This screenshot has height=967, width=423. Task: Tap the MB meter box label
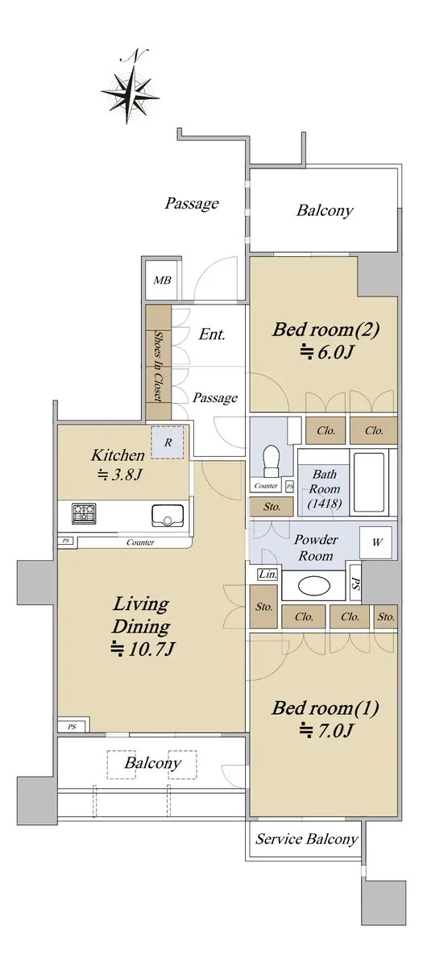click(162, 280)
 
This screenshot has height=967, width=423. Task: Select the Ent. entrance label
click(212, 334)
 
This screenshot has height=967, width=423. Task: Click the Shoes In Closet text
click(159, 367)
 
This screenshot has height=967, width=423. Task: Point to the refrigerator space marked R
click(168, 442)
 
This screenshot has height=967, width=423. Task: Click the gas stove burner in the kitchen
click(84, 514)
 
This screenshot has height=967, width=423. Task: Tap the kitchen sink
click(168, 516)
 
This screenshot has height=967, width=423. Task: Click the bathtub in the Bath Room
click(369, 482)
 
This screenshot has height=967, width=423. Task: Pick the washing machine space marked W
click(377, 542)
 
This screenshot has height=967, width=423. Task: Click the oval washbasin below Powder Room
click(314, 586)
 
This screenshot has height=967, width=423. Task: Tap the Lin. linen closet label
click(267, 575)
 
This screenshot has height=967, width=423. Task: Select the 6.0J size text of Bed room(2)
click(327, 353)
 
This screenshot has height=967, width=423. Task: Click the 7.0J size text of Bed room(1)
click(327, 730)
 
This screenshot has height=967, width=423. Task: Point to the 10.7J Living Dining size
click(143, 649)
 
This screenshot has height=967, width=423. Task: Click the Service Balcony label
click(307, 839)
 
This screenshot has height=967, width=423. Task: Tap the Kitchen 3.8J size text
click(119, 475)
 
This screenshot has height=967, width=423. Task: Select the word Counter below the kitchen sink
click(140, 542)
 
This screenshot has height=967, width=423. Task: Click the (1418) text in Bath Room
click(325, 504)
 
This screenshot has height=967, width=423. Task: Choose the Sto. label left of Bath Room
click(272, 506)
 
